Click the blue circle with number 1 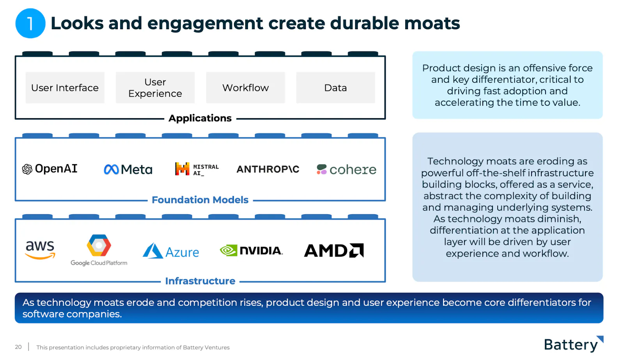tap(30, 23)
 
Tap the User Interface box tap(65, 87)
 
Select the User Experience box tap(155, 87)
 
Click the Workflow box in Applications tap(245, 87)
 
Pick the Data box tap(335, 87)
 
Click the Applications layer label tap(200, 118)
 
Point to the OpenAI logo tap(50, 169)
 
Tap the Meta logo tap(128, 169)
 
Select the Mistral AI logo tap(197, 169)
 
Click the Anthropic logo tap(268, 169)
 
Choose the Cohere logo tap(347, 169)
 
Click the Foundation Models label tap(200, 200)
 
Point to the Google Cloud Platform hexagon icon tap(99, 245)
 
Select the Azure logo tap(171, 251)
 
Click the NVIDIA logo tap(251, 250)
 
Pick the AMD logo tap(334, 250)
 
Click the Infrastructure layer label tap(200, 281)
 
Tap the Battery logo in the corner tap(574, 344)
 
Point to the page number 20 tap(18, 347)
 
